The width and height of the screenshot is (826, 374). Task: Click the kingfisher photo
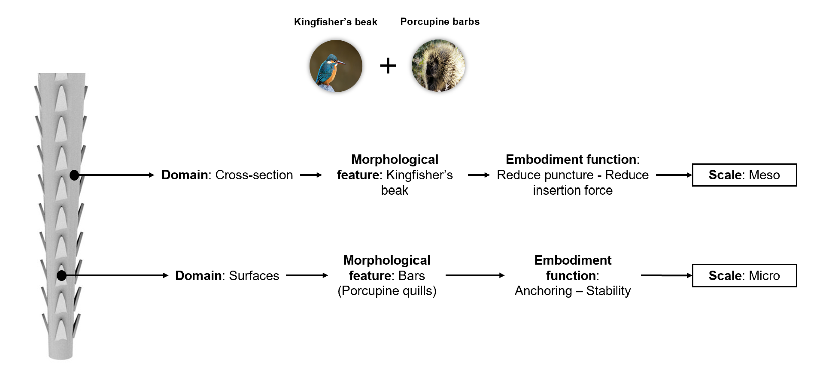tap(336, 66)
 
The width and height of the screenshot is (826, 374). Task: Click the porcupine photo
tap(438, 66)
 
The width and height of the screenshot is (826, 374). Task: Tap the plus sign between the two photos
tap(388, 66)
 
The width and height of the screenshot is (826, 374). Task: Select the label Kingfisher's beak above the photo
tap(335, 22)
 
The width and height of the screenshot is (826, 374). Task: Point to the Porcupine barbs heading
tap(440, 22)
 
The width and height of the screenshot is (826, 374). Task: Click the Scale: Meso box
tap(744, 175)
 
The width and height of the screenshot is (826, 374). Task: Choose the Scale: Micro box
tap(744, 275)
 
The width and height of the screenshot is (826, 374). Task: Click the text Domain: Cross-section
tap(227, 175)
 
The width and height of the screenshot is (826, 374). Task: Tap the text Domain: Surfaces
tap(227, 275)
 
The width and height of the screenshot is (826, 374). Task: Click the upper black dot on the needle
tap(74, 175)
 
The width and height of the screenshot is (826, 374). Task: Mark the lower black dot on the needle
tap(62, 275)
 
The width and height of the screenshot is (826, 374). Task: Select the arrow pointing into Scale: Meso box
tap(674, 175)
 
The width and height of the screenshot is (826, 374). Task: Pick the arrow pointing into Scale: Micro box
tap(666, 275)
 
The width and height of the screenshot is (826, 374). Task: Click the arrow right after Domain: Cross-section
tap(311, 175)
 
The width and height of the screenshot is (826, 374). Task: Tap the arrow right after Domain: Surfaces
tap(307, 275)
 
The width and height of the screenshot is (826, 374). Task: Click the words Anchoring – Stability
tap(573, 291)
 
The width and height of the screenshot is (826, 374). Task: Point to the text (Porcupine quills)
tap(387, 291)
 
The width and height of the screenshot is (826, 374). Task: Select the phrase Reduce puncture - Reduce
tap(573, 175)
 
